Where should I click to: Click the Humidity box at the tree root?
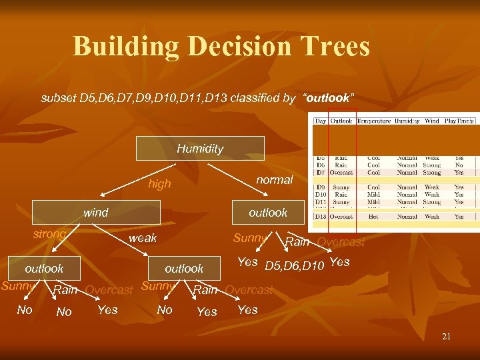pyautogui.click(x=200, y=148)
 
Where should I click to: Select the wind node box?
pyautogui.click(x=95, y=213)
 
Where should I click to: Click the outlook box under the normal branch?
pyautogui.click(x=267, y=213)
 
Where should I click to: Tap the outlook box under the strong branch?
pyautogui.click(x=44, y=269)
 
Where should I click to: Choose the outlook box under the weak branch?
pyautogui.click(x=184, y=269)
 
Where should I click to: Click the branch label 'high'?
pyautogui.click(x=159, y=184)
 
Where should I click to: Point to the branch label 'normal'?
pyautogui.click(x=274, y=180)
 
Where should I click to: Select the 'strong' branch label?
pyautogui.click(x=49, y=234)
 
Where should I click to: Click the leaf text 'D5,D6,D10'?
pyautogui.click(x=294, y=267)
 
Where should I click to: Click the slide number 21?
pyautogui.click(x=446, y=337)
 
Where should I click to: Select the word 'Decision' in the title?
pyautogui.click(x=236, y=47)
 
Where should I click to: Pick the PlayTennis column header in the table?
pyautogui.click(x=461, y=121)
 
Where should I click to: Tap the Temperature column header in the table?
pyautogui.click(x=373, y=121)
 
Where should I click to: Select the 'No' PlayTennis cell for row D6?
pyautogui.click(x=459, y=165)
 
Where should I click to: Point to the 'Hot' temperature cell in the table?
pyautogui.click(x=373, y=217)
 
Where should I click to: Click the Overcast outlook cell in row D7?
pyautogui.click(x=343, y=172)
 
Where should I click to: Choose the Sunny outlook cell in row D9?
pyautogui.click(x=341, y=187)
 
